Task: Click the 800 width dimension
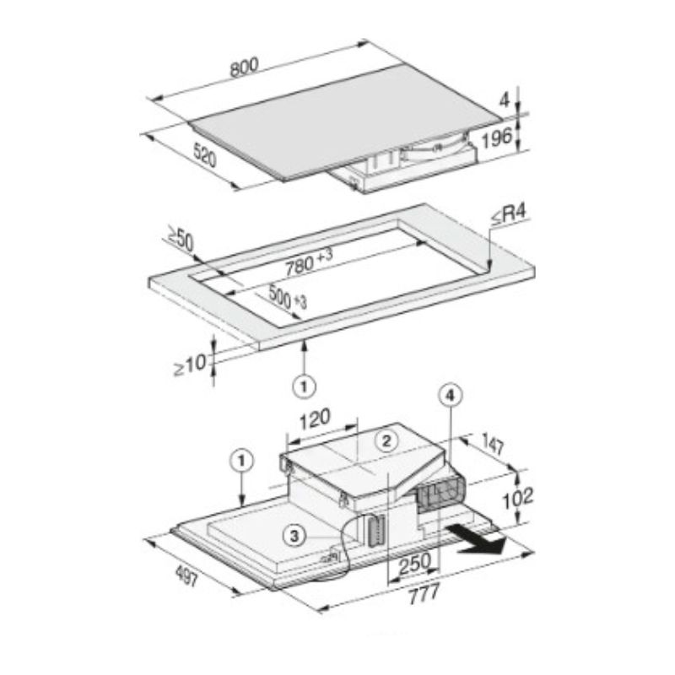245,67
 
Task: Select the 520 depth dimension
205,155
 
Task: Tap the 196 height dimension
497,138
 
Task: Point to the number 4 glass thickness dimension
504,100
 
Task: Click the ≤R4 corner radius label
510,215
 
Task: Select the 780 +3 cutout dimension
310,262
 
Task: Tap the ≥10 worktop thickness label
190,365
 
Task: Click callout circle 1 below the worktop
304,386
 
